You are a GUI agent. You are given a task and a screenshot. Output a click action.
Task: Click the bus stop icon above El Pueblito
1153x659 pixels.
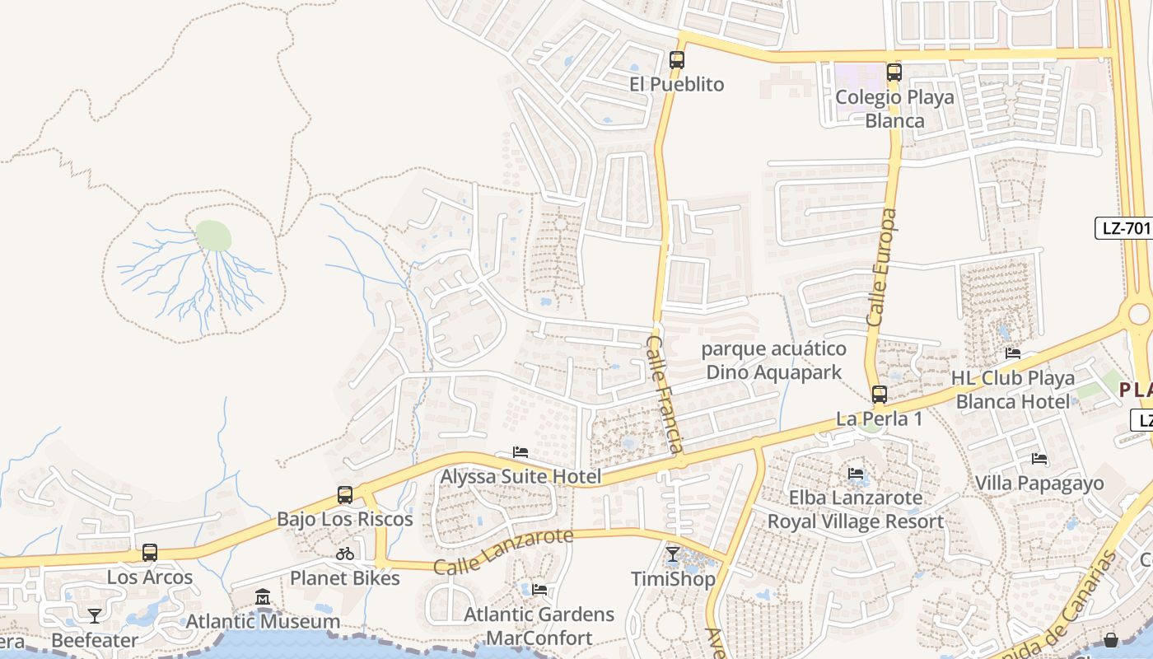tap(676, 60)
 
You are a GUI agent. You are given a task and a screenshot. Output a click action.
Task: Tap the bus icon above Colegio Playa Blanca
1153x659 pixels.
tap(894, 72)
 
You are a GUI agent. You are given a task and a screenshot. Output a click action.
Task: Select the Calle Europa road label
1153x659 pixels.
tap(880, 267)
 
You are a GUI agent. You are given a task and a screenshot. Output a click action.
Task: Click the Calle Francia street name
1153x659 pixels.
tap(664, 394)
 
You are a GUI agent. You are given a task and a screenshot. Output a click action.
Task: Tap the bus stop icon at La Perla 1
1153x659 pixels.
tap(880, 395)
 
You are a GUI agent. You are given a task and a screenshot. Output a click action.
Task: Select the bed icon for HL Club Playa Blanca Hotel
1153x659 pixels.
tap(1013, 353)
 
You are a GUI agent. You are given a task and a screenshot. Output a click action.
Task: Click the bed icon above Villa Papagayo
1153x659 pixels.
tap(1039, 459)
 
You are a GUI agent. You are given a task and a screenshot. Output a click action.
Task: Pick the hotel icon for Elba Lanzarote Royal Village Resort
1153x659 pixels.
tap(856, 474)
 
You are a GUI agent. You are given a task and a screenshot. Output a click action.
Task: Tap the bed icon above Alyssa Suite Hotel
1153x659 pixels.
tap(520, 452)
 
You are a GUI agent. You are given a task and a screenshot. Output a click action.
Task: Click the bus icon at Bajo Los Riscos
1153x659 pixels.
tap(345, 495)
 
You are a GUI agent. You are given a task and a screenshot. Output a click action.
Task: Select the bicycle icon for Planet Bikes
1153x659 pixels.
tap(345, 554)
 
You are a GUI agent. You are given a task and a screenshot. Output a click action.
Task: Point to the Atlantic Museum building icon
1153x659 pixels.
tap(263, 596)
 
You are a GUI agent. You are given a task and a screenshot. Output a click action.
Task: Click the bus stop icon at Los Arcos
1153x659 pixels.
tap(150, 553)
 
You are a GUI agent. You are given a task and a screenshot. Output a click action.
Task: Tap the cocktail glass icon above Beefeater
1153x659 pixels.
tap(95, 615)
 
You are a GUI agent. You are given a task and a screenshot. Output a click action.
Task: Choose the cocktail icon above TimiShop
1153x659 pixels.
tap(673, 554)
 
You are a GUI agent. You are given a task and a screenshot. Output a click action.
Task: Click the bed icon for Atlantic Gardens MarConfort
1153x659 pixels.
tap(539, 590)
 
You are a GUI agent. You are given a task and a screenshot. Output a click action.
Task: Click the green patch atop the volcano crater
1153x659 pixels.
tap(213, 236)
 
